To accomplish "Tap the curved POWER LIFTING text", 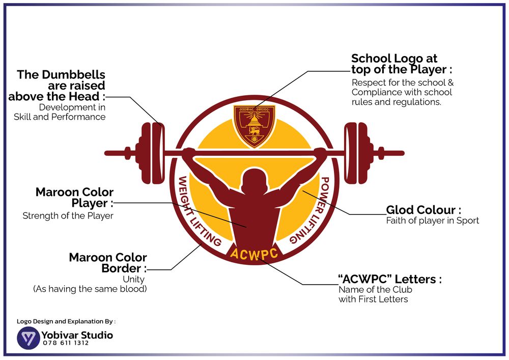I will coord(312,210).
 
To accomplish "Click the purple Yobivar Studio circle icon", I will coord(29,338).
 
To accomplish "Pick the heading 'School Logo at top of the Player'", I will coord(401,64).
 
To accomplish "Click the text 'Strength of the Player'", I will coord(68,216).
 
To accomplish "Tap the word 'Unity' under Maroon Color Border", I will coord(133,279).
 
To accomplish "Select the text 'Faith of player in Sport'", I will coord(432,220).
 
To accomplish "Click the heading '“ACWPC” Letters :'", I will coord(390,279).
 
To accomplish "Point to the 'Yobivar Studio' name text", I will coord(77,335).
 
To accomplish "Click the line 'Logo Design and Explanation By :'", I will coord(66,321).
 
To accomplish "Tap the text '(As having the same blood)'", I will coord(90,289).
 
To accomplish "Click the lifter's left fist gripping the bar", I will coord(188,152).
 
